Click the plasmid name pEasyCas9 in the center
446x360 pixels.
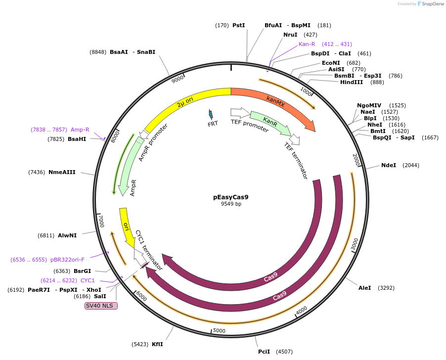(x=231, y=197)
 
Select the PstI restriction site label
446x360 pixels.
(x=239, y=25)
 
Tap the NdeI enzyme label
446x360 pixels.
(x=389, y=165)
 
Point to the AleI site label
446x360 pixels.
(x=364, y=288)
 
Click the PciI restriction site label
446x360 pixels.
(x=264, y=352)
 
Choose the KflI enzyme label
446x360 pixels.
(x=157, y=344)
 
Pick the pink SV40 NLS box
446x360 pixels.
(x=101, y=306)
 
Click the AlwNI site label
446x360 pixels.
(x=67, y=235)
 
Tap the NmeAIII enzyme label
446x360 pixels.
(x=62, y=172)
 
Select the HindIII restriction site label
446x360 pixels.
(x=352, y=82)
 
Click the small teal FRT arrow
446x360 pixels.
(x=211, y=114)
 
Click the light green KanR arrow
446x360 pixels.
(x=269, y=122)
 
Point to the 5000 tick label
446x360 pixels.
(x=219, y=330)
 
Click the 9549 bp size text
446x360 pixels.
(x=231, y=204)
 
